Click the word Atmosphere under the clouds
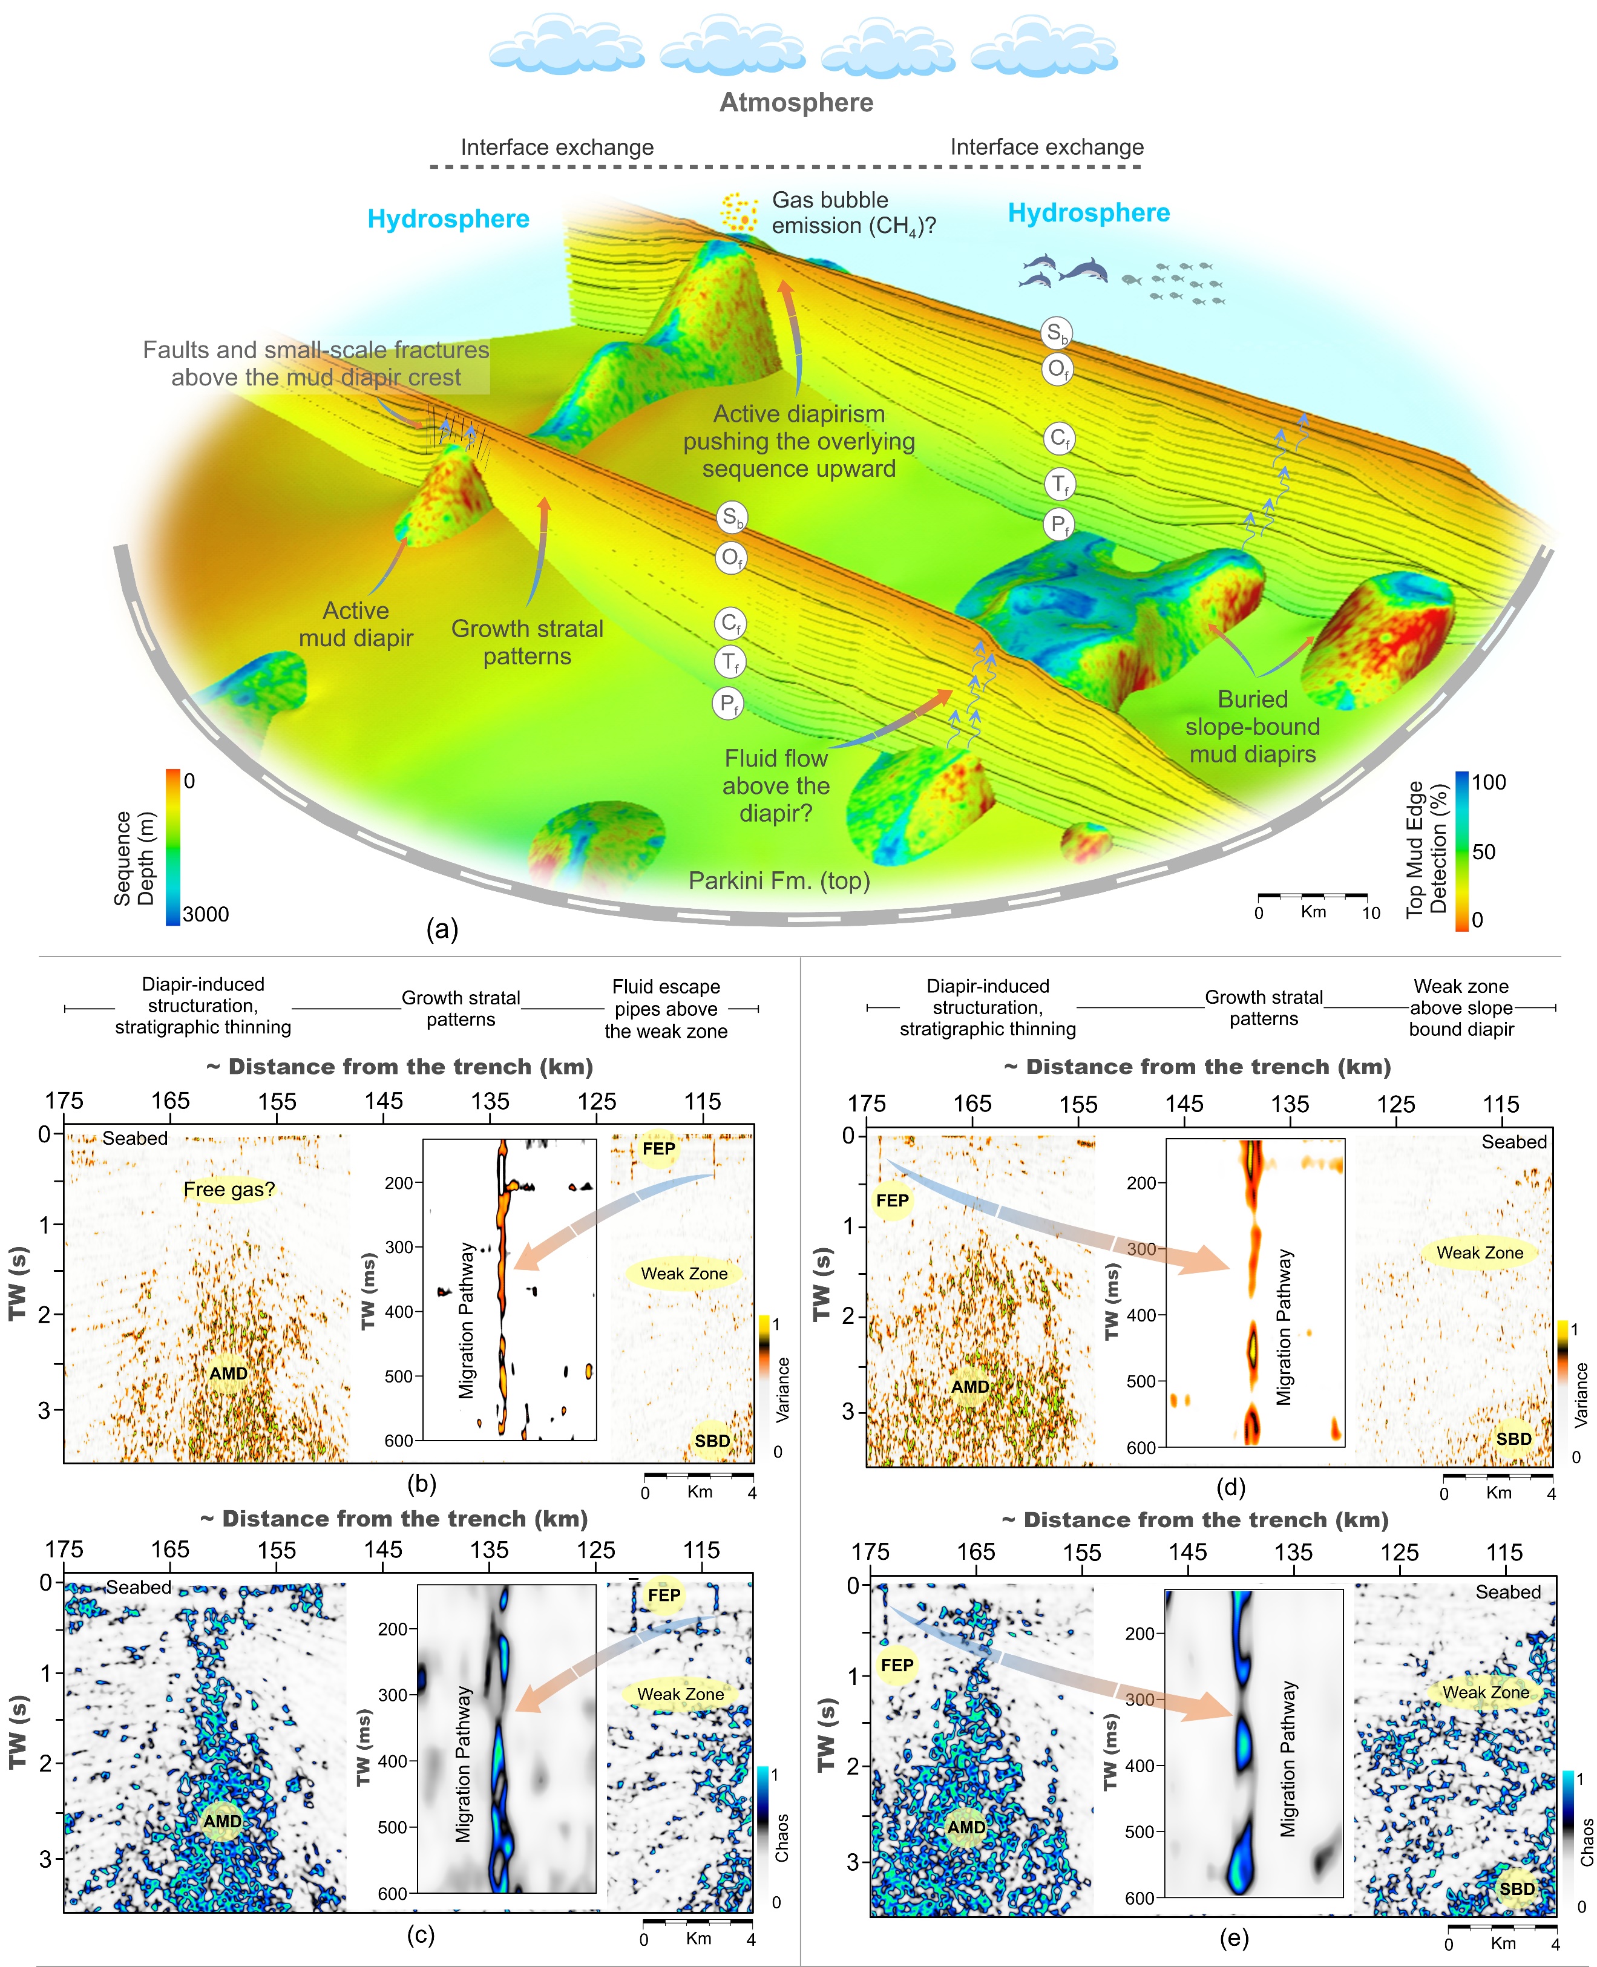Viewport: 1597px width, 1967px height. click(x=796, y=102)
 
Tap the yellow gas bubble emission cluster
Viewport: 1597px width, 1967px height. click(x=739, y=212)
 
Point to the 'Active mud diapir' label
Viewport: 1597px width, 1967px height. click(x=355, y=624)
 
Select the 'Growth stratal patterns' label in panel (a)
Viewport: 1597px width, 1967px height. click(x=527, y=642)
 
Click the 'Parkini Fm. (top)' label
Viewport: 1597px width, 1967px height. click(x=779, y=881)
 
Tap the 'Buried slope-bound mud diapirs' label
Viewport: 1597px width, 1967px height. click(x=1252, y=727)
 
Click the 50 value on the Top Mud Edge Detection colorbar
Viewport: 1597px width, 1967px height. click(x=1483, y=851)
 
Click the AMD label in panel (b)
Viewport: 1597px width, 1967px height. click(x=228, y=1373)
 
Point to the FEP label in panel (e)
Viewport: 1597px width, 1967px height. click(x=896, y=1664)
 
